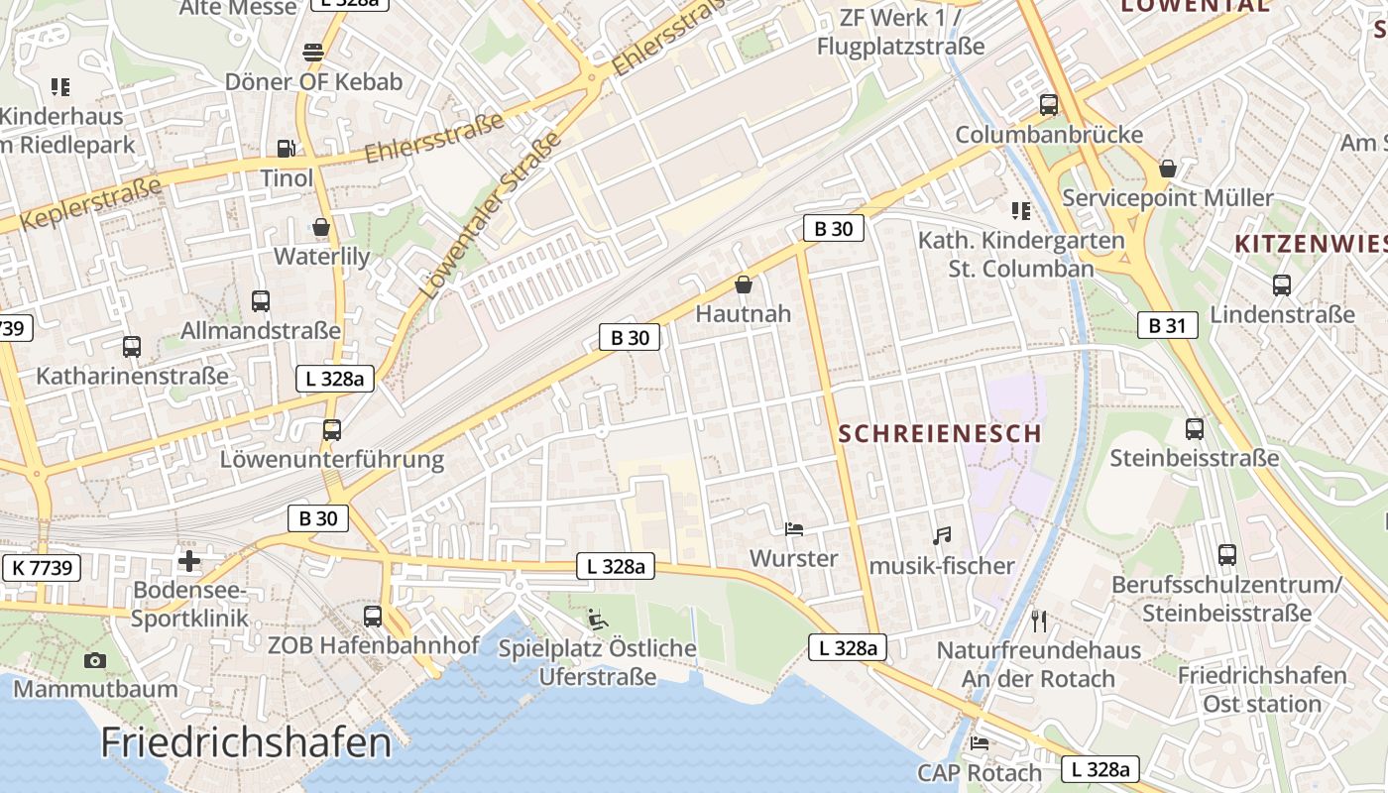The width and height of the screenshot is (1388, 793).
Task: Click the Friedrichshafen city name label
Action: click(x=246, y=741)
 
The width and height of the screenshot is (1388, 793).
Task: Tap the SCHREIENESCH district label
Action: click(x=940, y=433)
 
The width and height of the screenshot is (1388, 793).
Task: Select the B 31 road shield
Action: click(x=1167, y=324)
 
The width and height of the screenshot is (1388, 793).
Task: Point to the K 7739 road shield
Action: click(x=41, y=567)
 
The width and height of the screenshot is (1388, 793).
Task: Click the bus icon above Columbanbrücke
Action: click(x=1048, y=104)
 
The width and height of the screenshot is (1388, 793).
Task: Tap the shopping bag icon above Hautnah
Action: click(x=744, y=284)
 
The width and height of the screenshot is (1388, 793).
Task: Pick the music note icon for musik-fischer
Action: click(x=942, y=536)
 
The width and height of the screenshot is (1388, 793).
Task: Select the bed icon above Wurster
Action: click(x=794, y=529)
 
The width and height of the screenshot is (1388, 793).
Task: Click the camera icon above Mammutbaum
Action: click(x=95, y=660)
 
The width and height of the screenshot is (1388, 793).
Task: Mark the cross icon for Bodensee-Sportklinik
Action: click(x=188, y=561)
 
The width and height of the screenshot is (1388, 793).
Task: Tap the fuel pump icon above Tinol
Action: click(x=286, y=149)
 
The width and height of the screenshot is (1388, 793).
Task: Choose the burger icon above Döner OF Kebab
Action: click(x=313, y=52)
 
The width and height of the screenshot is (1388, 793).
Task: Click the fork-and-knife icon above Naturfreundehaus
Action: click(x=1039, y=622)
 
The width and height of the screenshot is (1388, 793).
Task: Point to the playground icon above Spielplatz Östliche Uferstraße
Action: click(x=596, y=620)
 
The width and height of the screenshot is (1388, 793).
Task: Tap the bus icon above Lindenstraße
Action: click(x=1282, y=285)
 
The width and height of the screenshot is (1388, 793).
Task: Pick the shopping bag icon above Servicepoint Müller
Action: click(x=1168, y=169)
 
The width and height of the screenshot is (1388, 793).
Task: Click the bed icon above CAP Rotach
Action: click(x=980, y=743)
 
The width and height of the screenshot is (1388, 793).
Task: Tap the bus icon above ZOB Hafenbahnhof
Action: click(x=373, y=617)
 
